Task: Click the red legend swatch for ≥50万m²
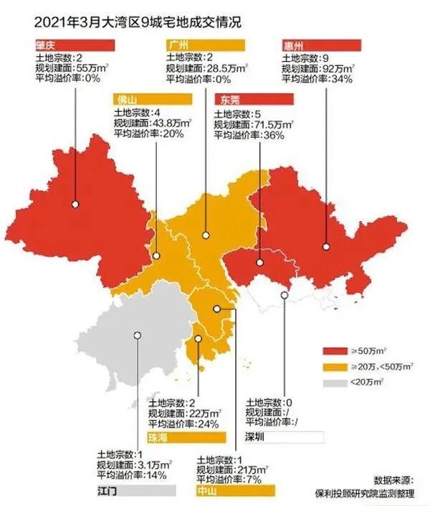[x=335, y=351]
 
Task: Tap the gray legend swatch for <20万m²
[x=335, y=382]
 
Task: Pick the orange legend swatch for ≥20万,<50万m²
[x=335, y=366]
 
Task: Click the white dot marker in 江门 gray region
[x=136, y=335]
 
